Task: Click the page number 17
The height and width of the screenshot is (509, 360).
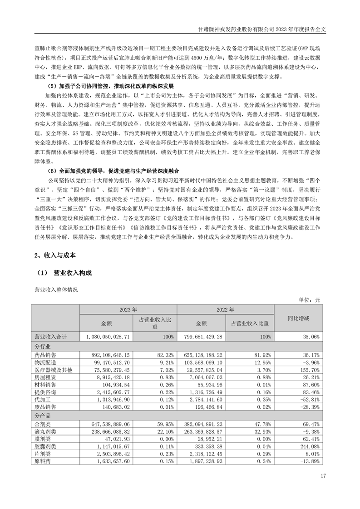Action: click(x=323, y=475)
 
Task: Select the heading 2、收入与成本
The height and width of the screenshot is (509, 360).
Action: click(x=54, y=255)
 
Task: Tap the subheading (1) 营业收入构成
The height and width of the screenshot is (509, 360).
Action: click(x=63, y=273)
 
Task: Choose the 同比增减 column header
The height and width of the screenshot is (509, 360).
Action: click(x=298, y=318)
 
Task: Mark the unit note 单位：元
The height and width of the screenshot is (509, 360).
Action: click(x=310, y=300)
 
